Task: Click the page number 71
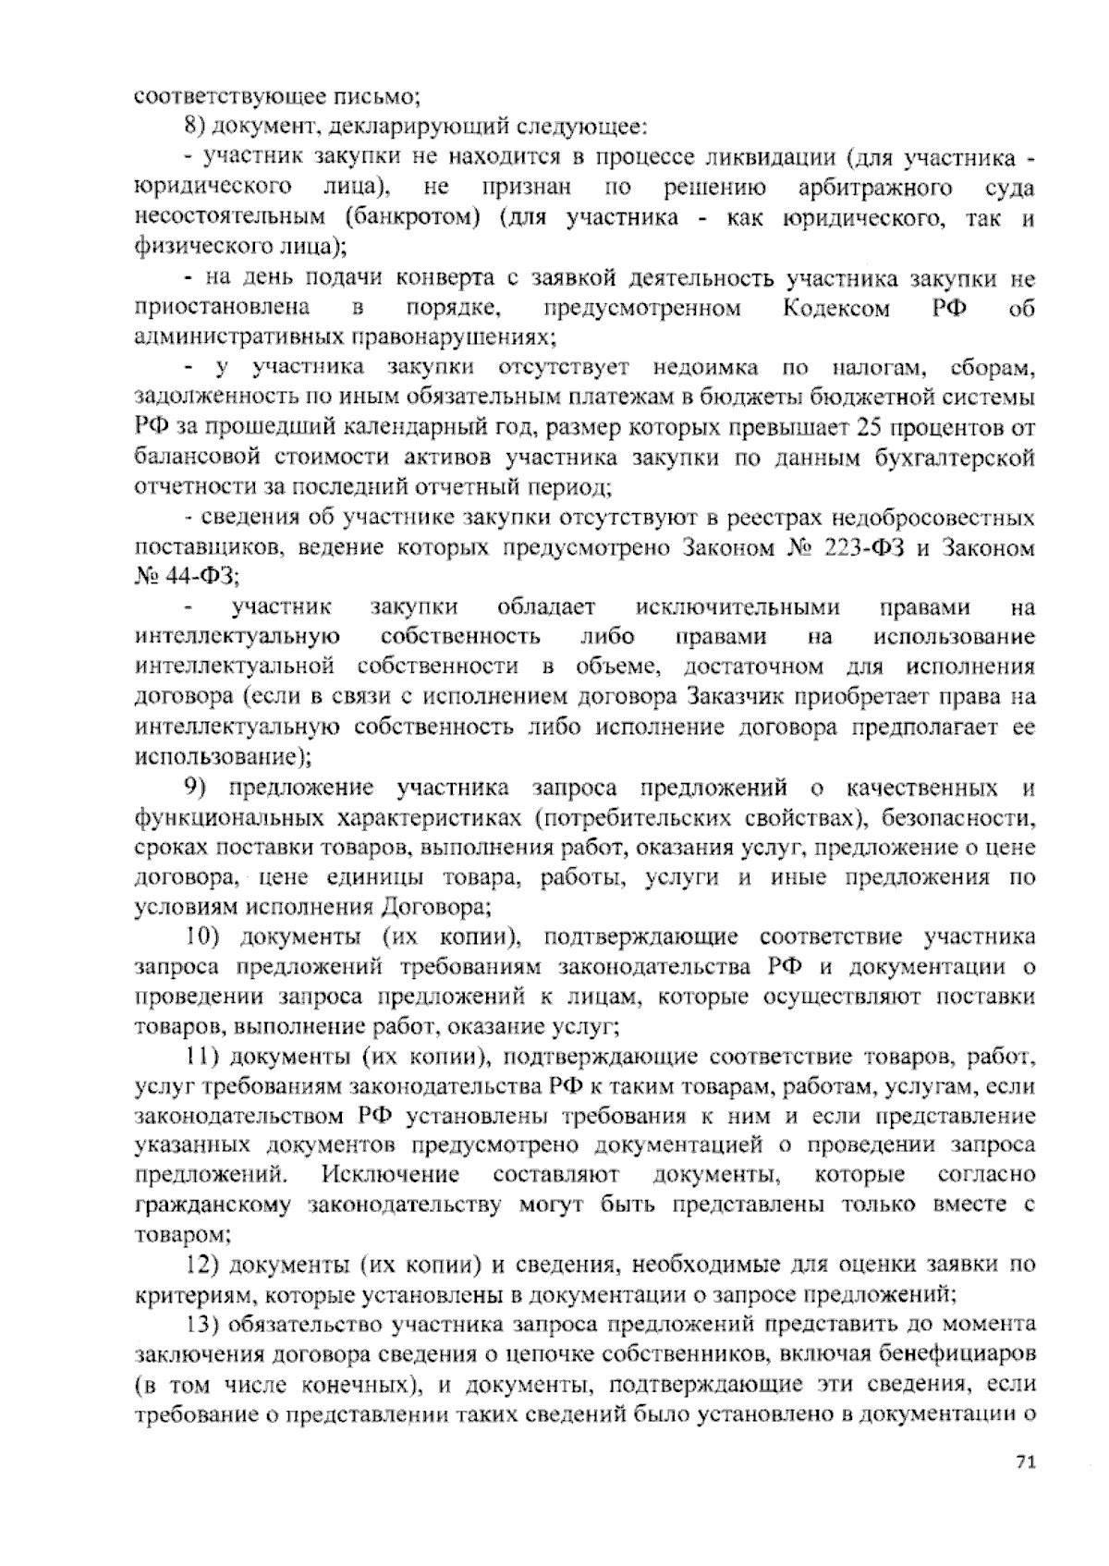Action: pyautogui.click(x=1024, y=1487)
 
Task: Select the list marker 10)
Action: pyautogui.click(x=202, y=936)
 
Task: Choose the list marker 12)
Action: pyautogui.click(x=202, y=1263)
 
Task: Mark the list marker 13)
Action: pyautogui.click(x=202, y=1323)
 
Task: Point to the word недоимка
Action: pyautogui.click(x=705, y=367)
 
